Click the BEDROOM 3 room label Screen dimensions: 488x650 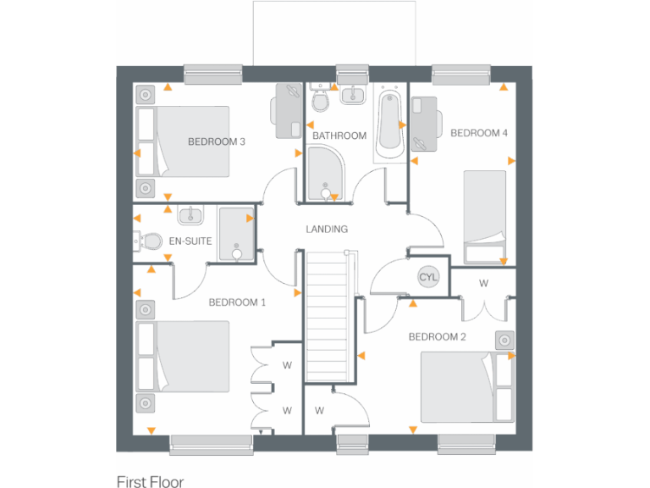[217, 141]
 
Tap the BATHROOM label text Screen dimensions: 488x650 [339, 136]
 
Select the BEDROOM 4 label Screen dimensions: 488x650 [479, 133]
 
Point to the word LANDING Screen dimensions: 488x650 [327, 229]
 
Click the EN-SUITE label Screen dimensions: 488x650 [190, 241]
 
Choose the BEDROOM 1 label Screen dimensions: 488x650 [238, 302]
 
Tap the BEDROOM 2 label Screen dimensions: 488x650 [438, 336]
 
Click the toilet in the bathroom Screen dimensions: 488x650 [321, 101]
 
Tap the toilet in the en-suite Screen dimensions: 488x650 [151, 241]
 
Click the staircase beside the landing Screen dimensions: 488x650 [326, 306]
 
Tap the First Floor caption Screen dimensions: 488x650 [150, 481]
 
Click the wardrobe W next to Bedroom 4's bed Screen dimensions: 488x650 [483, 282]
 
